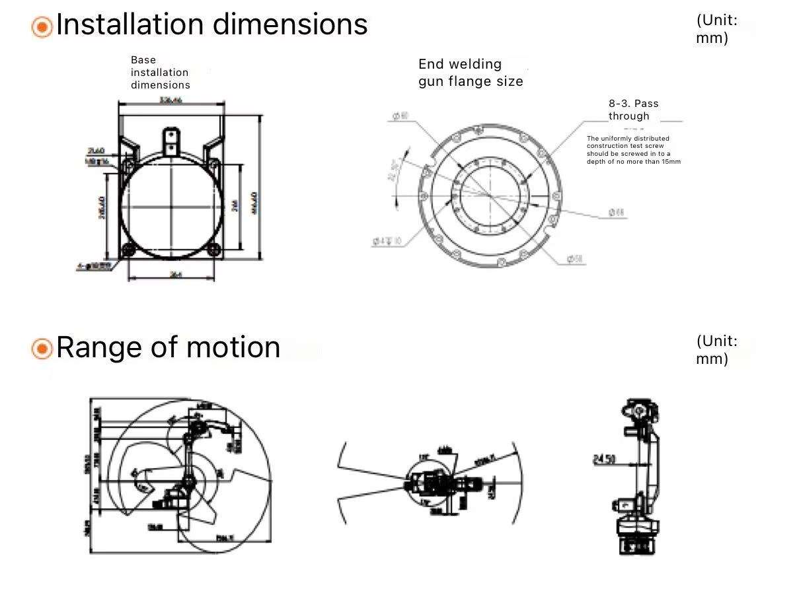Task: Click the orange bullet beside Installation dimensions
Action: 42,27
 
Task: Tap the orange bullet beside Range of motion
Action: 42,349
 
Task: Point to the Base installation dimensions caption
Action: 160,73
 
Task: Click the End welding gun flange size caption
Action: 471,73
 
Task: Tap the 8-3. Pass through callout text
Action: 633,110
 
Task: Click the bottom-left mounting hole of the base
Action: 128,249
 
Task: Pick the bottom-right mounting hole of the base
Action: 213,249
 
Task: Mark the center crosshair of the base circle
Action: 171,207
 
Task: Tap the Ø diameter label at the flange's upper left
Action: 400,116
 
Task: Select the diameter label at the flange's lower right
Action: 576,260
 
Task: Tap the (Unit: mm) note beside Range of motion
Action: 716,350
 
